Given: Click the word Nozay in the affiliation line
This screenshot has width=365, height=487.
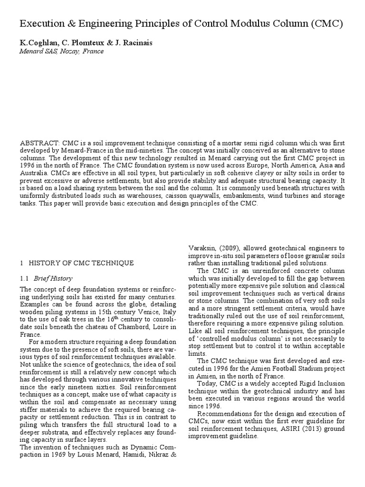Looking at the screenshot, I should pyautogui.click(x=69, y=51).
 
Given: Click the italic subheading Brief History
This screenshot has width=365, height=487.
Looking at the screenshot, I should pyautogui.click(x=53, y=278).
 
